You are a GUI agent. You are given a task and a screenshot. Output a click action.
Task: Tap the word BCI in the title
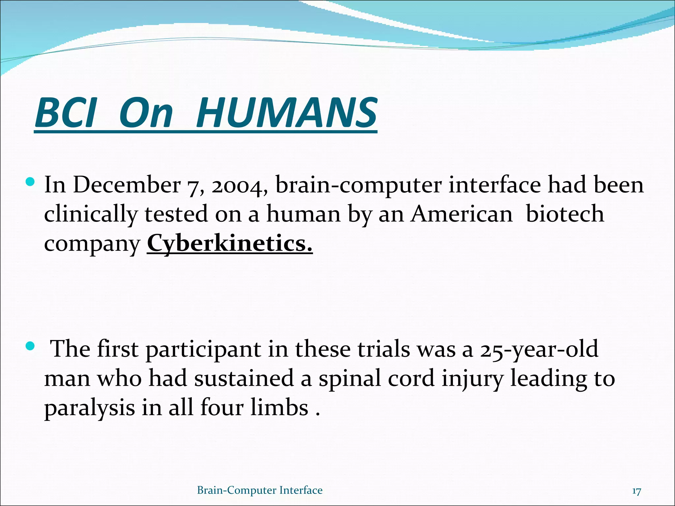click(x=66, y=113)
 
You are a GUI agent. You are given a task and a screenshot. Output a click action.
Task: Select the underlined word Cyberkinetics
click(x=229, y=243)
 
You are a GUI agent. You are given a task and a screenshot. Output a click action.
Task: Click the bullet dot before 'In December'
click(x=30, y=182)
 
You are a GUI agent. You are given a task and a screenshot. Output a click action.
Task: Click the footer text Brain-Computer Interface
click(x=260, y=490)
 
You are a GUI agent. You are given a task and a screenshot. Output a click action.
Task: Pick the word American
click(x=461, y=214)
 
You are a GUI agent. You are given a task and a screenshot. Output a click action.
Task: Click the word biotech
click(x=565, y=214)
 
